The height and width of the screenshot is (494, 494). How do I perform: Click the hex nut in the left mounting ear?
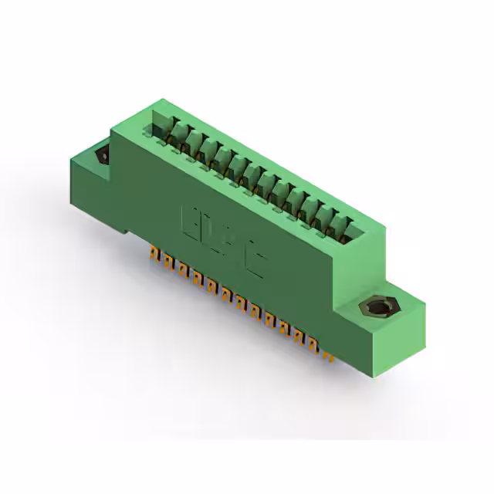(102, 155)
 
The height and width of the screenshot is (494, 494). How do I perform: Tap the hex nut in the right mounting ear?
(377, 309)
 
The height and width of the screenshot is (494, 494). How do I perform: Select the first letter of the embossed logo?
(190, 219)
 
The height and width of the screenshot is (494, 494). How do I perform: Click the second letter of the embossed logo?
(211, 233)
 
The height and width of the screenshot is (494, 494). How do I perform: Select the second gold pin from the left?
(167, 260)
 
